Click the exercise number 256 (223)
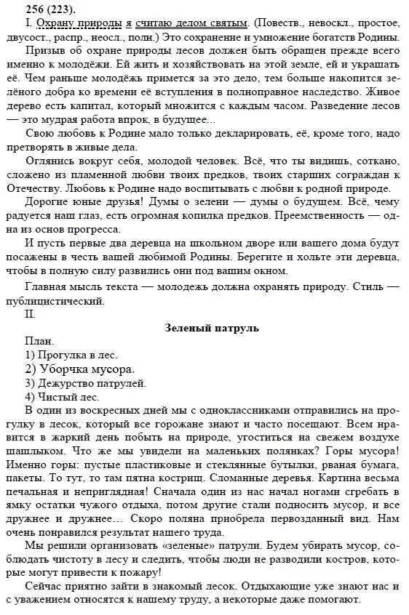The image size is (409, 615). (x=33, y=9)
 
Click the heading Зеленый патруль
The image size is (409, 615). (x=212, y=329)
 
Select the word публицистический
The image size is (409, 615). (x=63, y=301)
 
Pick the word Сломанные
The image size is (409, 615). (x=266, y=480)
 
